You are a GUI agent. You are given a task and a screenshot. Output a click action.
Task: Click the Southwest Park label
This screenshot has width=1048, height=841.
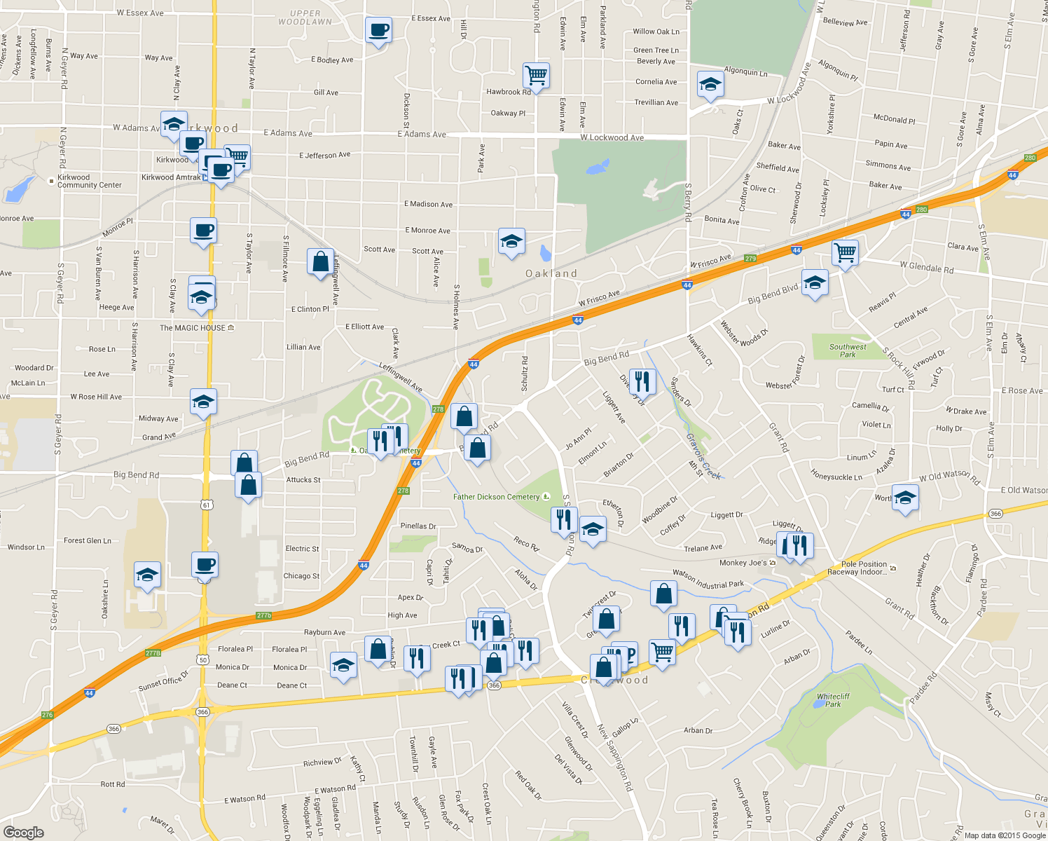pyautogui.click(x=848, y=350)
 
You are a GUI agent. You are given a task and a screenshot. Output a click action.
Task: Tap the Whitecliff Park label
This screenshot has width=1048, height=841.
pyautogui.click(x=833, y=700)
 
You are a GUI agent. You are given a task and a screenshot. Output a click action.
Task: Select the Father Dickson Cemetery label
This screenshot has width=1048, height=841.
pyautogui.click(x=496, y=497)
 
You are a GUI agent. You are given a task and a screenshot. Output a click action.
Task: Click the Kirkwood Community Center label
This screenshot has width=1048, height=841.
pyautogui.click(x=89, y=182)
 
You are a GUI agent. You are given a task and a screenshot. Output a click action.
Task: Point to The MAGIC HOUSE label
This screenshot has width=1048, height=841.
pyautogui.click(x=193, y=328)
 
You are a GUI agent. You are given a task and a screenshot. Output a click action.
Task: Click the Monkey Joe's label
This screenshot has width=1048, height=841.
pyautogui.click(x=743, y=563)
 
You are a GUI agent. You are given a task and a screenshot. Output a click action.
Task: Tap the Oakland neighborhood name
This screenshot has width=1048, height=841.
pyautogui.click(x=551, y=273)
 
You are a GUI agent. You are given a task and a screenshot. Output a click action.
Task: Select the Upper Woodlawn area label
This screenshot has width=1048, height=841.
pyautogui.click(x=305, y=18)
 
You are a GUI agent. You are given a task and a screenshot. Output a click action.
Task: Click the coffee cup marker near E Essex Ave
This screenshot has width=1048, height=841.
pyautogui.click(x=378, y=30)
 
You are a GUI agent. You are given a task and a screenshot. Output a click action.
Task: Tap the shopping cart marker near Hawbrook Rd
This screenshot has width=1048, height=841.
pyautogui.click(x=536, y=75)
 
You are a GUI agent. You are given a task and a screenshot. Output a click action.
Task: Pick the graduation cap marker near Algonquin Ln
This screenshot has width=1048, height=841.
pyautogui.click(x=710, y=85)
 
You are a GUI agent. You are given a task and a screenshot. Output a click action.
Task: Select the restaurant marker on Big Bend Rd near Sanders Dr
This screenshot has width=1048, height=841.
pyautogui.click(x=642, y=381)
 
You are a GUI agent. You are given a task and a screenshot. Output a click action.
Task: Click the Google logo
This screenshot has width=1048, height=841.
pyautogui.click(x=24, y=832)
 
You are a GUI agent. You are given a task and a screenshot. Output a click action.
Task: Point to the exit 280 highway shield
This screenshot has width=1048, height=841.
pyautogui.click(x=1029, y=158)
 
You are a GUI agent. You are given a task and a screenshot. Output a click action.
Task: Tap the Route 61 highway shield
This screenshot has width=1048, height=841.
pyautogui.click(x=205, y=505)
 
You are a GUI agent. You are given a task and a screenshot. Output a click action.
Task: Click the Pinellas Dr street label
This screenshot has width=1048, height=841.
pyautogui.click(x=418, y=526)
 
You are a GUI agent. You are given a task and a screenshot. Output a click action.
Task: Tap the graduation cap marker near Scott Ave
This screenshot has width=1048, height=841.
pyautogui.click(x=511, y=242)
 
